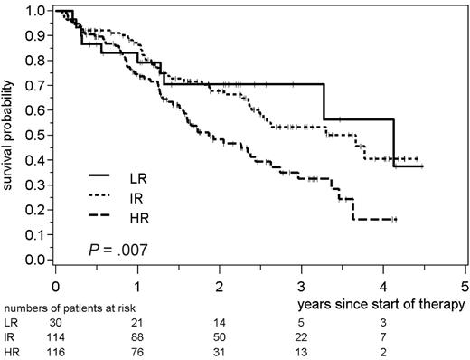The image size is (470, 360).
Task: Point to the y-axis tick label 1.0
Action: click(35, 11)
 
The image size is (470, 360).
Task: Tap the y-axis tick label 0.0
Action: click(35, 261)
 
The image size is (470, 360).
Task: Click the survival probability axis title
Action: click(10, 136)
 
